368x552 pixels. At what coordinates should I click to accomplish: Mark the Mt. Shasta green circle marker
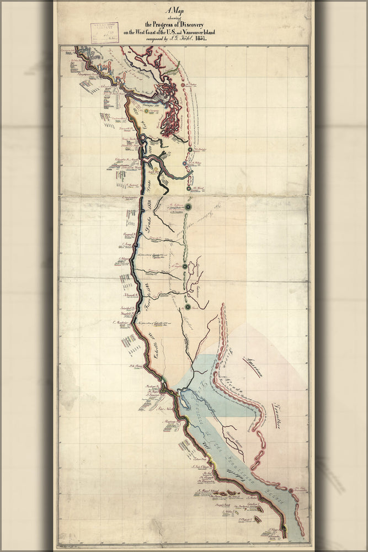tap(188, 306)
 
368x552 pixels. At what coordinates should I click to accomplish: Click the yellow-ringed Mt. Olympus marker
tap(147, 111)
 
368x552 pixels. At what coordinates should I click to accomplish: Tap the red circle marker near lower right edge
tap(291, 489)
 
